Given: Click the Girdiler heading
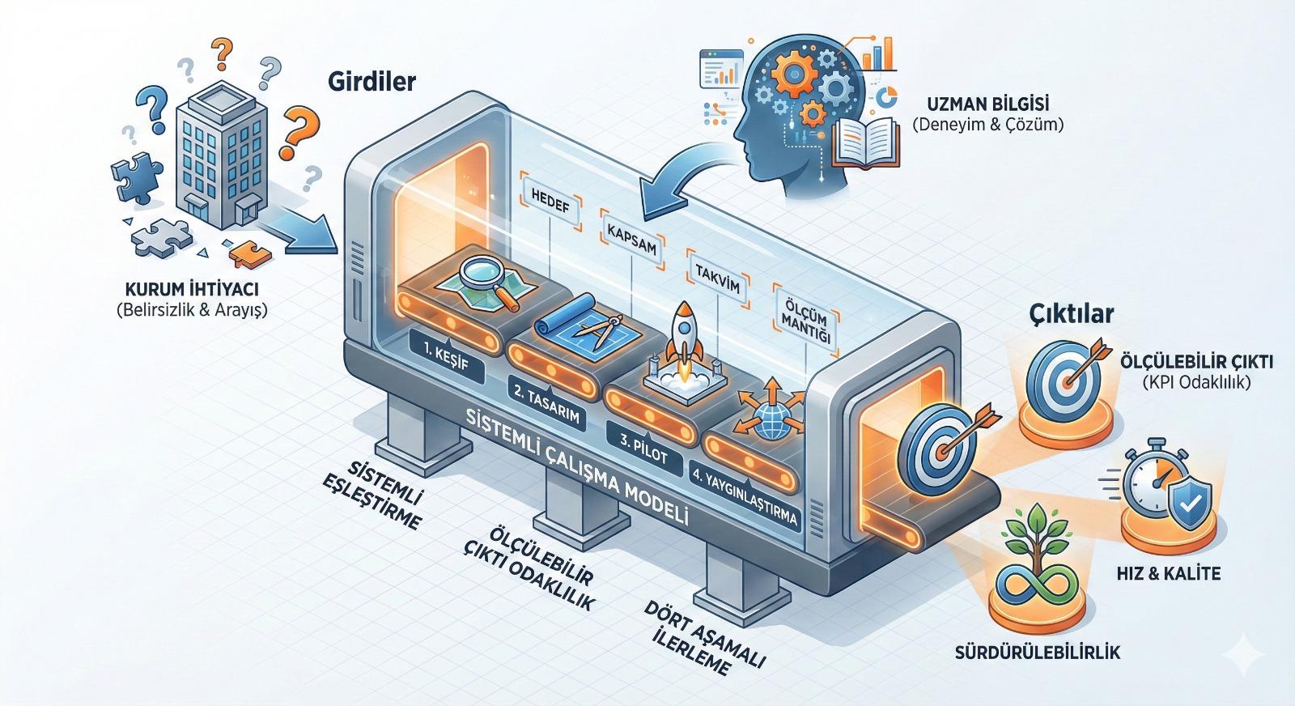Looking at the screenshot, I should click(x=372, y=82).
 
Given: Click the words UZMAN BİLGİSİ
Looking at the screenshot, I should click(x=987, y=104).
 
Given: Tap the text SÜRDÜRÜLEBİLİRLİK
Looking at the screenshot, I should click(x=1038, y=651).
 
